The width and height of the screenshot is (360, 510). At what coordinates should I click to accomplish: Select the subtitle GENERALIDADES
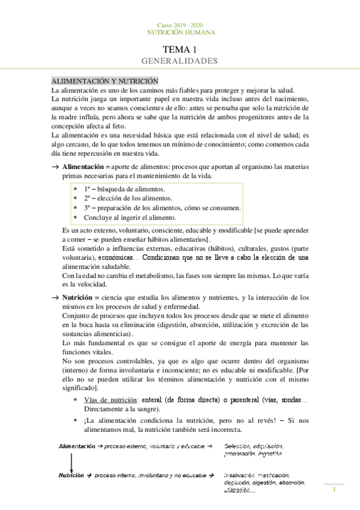pos(179,61)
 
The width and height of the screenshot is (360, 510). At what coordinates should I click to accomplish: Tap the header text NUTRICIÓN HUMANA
pos(180,32)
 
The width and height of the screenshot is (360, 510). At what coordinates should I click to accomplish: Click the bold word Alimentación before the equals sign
pos(87,166)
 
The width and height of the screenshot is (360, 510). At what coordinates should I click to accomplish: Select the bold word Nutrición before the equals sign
pos(79,297)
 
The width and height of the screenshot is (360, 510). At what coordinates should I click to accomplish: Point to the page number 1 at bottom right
pos(334,490)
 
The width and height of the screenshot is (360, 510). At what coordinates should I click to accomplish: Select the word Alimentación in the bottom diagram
pos(77,447)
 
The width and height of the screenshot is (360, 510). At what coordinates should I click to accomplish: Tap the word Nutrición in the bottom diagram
pos(71,476)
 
